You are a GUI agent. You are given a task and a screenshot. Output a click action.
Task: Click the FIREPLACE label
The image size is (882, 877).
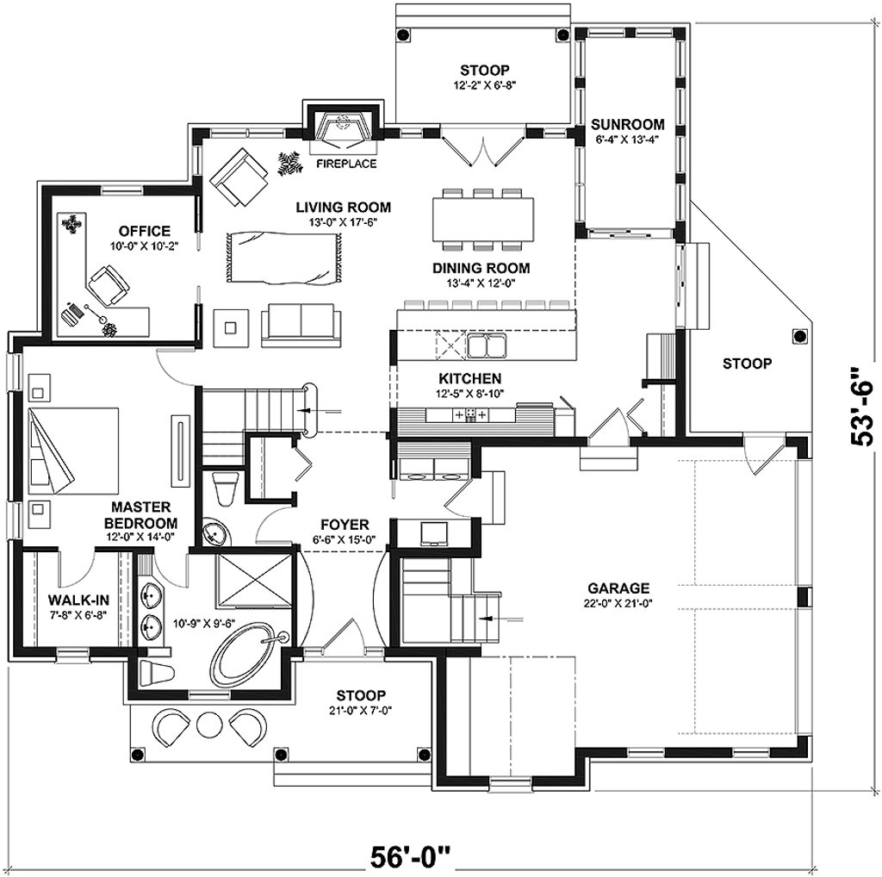point(346,164)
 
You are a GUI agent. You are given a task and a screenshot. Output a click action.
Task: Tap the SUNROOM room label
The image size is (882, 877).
point(628,124)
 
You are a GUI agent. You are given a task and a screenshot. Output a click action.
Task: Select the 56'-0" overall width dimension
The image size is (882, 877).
point(411,857)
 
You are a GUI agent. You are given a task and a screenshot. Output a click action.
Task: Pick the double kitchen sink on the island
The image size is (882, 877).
point(487,345)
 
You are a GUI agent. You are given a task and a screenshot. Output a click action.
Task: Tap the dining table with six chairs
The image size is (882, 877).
point(483,219)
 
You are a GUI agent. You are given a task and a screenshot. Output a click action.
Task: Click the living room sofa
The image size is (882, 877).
point(301,324)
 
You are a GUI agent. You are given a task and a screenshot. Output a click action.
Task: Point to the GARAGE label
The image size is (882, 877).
point(618,588)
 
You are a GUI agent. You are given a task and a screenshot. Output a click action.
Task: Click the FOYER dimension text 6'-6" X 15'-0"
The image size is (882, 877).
point(345,538)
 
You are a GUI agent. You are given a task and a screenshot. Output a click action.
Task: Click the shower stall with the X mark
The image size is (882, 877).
point(254,581)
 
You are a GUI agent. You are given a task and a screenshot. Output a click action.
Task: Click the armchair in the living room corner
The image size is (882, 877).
point(239,177)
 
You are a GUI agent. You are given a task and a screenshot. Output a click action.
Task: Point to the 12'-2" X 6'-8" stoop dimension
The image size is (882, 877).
point(484,85)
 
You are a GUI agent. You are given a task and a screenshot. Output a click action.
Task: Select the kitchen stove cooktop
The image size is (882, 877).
point(470,414)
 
